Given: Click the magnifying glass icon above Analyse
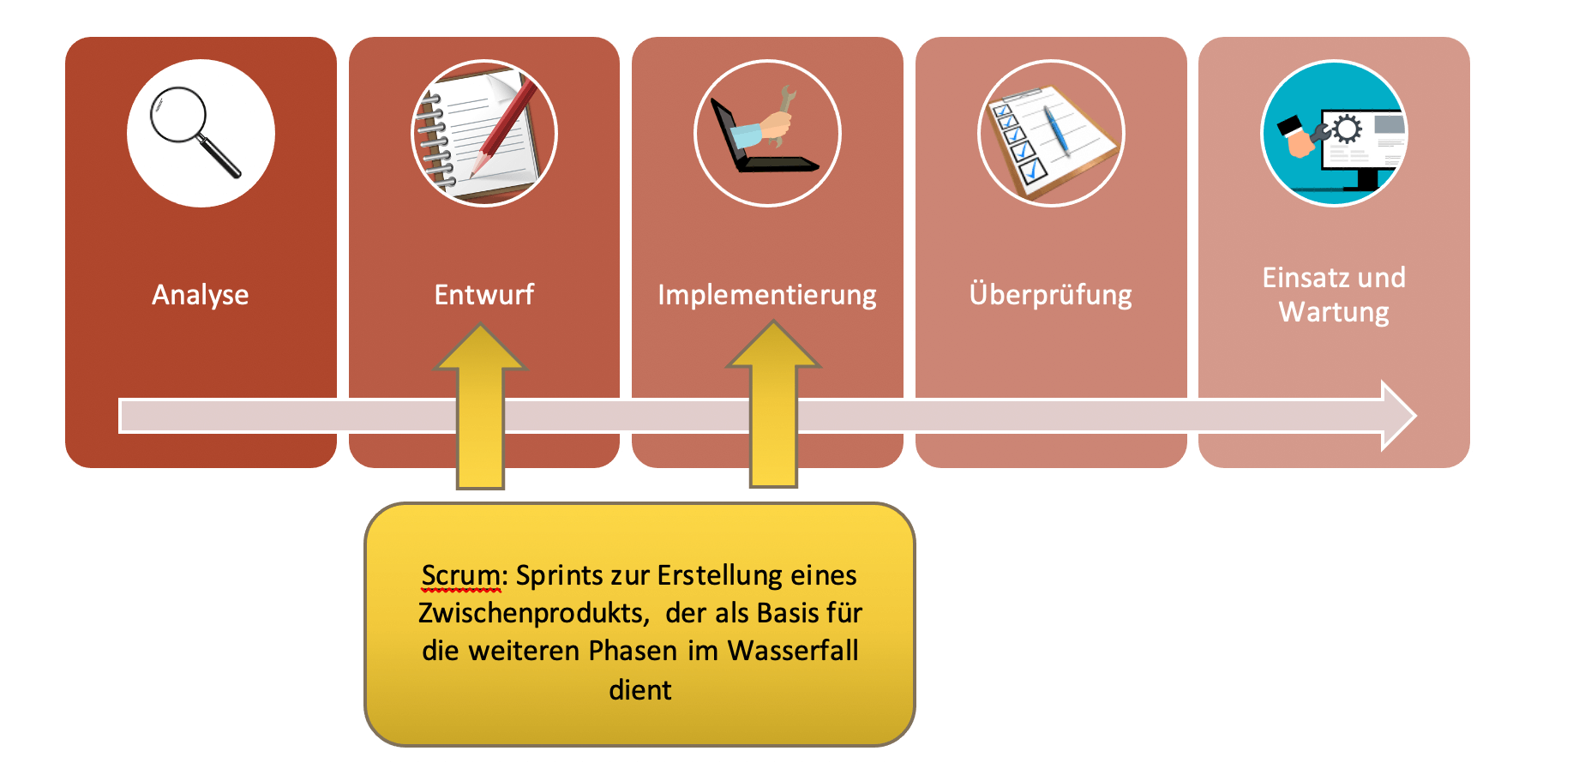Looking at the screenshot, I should pos(201,133).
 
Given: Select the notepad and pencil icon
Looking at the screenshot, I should pos(484,133).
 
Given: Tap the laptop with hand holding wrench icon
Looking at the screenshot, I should pos(767,133).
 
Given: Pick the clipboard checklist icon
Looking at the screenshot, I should pos(1051,133).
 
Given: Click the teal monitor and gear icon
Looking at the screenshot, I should pos(1334,133).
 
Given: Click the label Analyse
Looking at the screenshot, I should pos(201,295).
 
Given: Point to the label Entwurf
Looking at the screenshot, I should pos(484,295).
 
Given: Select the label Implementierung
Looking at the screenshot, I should pos(767,295).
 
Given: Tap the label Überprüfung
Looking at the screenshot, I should pos(1051,295).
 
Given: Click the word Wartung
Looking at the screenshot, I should pos(1334,313).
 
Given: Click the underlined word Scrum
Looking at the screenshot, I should pos(460,575).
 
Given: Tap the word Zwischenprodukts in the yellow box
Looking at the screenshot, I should pos(532,613).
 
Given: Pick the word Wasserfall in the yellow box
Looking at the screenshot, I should pos(793,651).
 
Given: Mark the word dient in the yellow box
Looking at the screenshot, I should pos(640,689).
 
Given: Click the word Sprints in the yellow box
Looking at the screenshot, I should pos(559,575).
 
